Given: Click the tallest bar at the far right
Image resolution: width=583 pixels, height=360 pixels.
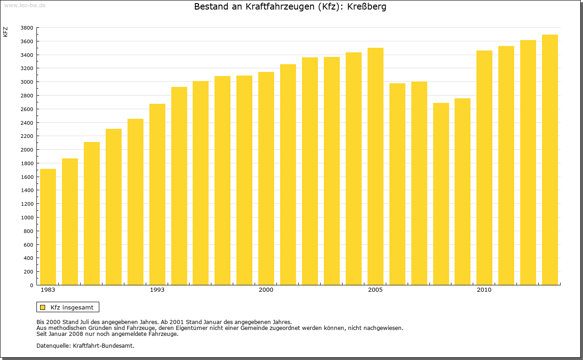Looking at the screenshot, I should click(x=550, y=160).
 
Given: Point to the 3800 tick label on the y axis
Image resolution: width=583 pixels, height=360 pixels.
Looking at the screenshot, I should click(x=27, y=28).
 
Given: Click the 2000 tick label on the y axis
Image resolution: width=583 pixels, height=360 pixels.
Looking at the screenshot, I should click(x=27, y=150).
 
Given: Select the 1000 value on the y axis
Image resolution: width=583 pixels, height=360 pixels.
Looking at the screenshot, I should click(x=27, y=218).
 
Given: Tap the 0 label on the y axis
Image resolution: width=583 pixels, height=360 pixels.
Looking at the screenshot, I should click(x=31, y=285).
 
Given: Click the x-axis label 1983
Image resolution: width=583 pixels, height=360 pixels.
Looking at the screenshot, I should click(x=48, y=290).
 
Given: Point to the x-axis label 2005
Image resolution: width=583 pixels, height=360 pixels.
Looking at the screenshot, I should click(x=375, y=290).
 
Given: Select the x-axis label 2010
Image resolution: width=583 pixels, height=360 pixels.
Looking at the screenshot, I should click(x=484, y=290).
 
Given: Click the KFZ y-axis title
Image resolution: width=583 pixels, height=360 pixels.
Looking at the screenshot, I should click(x=5, y=32).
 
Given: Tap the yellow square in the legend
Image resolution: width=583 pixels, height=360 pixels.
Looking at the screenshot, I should click(x=42, y=307).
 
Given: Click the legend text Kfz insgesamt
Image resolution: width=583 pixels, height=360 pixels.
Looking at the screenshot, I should click(x=72, y=307).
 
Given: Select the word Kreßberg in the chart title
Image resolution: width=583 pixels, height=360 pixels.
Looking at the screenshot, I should click(x=369, y=7).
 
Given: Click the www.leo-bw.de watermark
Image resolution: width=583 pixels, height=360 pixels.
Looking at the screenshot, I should click(x=25, y=5).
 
